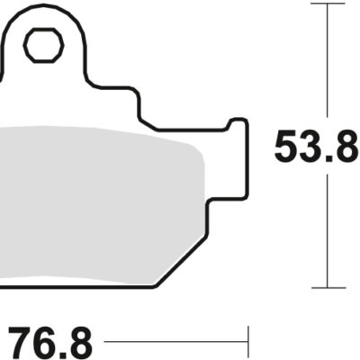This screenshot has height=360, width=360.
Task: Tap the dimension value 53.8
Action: pyautogui.click(x=316, y=148)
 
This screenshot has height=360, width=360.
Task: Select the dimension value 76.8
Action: pyautogui.click(x=51, y=342)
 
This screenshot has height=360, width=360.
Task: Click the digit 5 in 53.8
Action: pyautogui.click(x=286, y=148)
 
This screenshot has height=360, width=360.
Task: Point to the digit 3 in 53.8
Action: pyautogui.click(x=309, y=148)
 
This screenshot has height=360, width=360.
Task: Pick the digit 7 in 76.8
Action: pyautogui.click(x=22, y=342)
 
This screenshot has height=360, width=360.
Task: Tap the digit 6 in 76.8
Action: pyautogui.click(x=44, y=342)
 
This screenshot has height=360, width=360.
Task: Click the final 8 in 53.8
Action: pyautogui.click(x=346, y=148)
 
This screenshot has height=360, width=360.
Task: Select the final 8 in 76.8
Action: pyautogui.click(x=80, y=342)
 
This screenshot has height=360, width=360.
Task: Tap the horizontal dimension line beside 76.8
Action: pyautogui.click(x=175, y=342)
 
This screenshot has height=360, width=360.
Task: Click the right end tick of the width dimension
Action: pyautogui.click(x=247, y=342)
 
